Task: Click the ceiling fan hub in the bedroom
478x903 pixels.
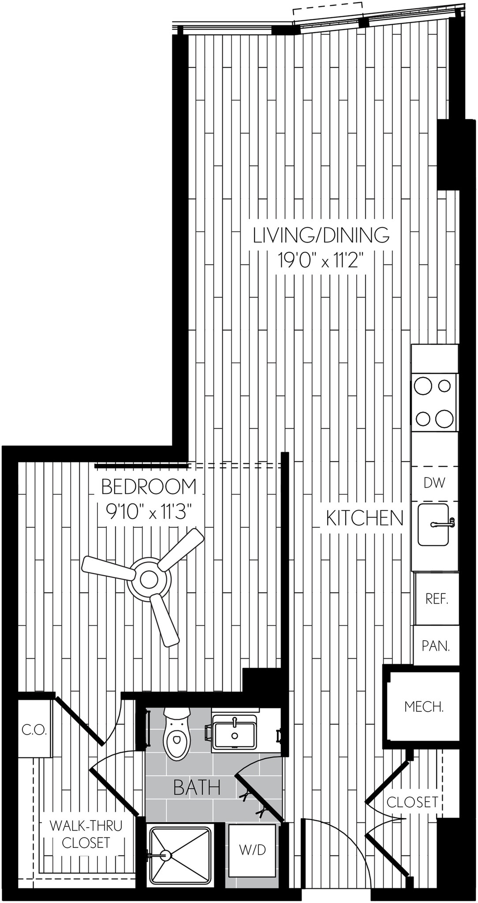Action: [x=149, y=579]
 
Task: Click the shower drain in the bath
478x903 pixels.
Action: [x=166, y=855]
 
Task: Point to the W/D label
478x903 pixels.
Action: [x=252, y=850]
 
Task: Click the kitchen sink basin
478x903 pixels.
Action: [x=433, y=524]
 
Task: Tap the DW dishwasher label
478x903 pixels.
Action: [x=434, y=483]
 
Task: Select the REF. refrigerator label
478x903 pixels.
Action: [x=437, y=599]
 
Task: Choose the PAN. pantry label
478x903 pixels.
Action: [x=436, y=646]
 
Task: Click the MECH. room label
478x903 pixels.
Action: [x=424, y=706]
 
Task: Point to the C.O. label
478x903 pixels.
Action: [x=34, y=730]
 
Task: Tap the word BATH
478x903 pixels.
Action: [x=197, y=787]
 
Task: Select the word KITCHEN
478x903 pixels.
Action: [x=365, y=518]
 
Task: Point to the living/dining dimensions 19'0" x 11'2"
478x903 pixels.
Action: [x=321, y=260]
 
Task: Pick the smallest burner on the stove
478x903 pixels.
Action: [x=444, y=386]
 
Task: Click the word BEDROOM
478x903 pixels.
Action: [x=149, y=487]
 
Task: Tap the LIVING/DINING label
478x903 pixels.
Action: [x=321, y=235]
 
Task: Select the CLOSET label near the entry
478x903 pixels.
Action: [x=412, y=802]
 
